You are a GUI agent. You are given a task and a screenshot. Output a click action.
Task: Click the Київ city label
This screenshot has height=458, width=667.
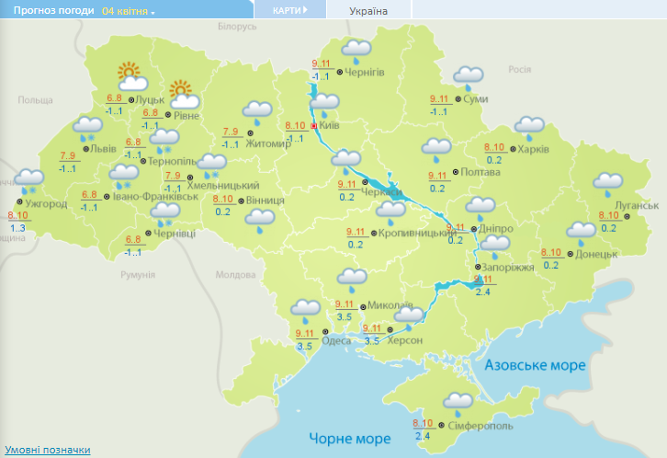(x=331, y=126)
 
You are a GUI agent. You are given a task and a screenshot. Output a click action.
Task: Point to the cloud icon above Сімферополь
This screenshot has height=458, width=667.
(x=458, y=401)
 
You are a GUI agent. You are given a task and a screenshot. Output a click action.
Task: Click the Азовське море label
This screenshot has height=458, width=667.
(x=536, y=365)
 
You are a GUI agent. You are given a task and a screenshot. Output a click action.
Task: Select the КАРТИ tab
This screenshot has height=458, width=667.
(x=288, y=11)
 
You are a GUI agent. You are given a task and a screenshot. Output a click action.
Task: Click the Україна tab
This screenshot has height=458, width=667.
(x=368, y=11)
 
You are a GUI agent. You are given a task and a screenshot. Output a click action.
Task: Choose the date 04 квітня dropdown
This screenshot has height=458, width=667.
(x=129, y=11)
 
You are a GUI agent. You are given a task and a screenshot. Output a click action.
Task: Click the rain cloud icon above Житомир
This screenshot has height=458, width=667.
(x=257, y=109)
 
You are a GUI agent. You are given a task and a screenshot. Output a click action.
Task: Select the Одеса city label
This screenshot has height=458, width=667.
(x=336, y=339)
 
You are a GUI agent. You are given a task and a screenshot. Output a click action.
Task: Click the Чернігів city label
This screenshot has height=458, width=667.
(x=364, y=72)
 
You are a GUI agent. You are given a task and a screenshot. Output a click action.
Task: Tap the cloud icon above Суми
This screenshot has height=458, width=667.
(x=469, y=76)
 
